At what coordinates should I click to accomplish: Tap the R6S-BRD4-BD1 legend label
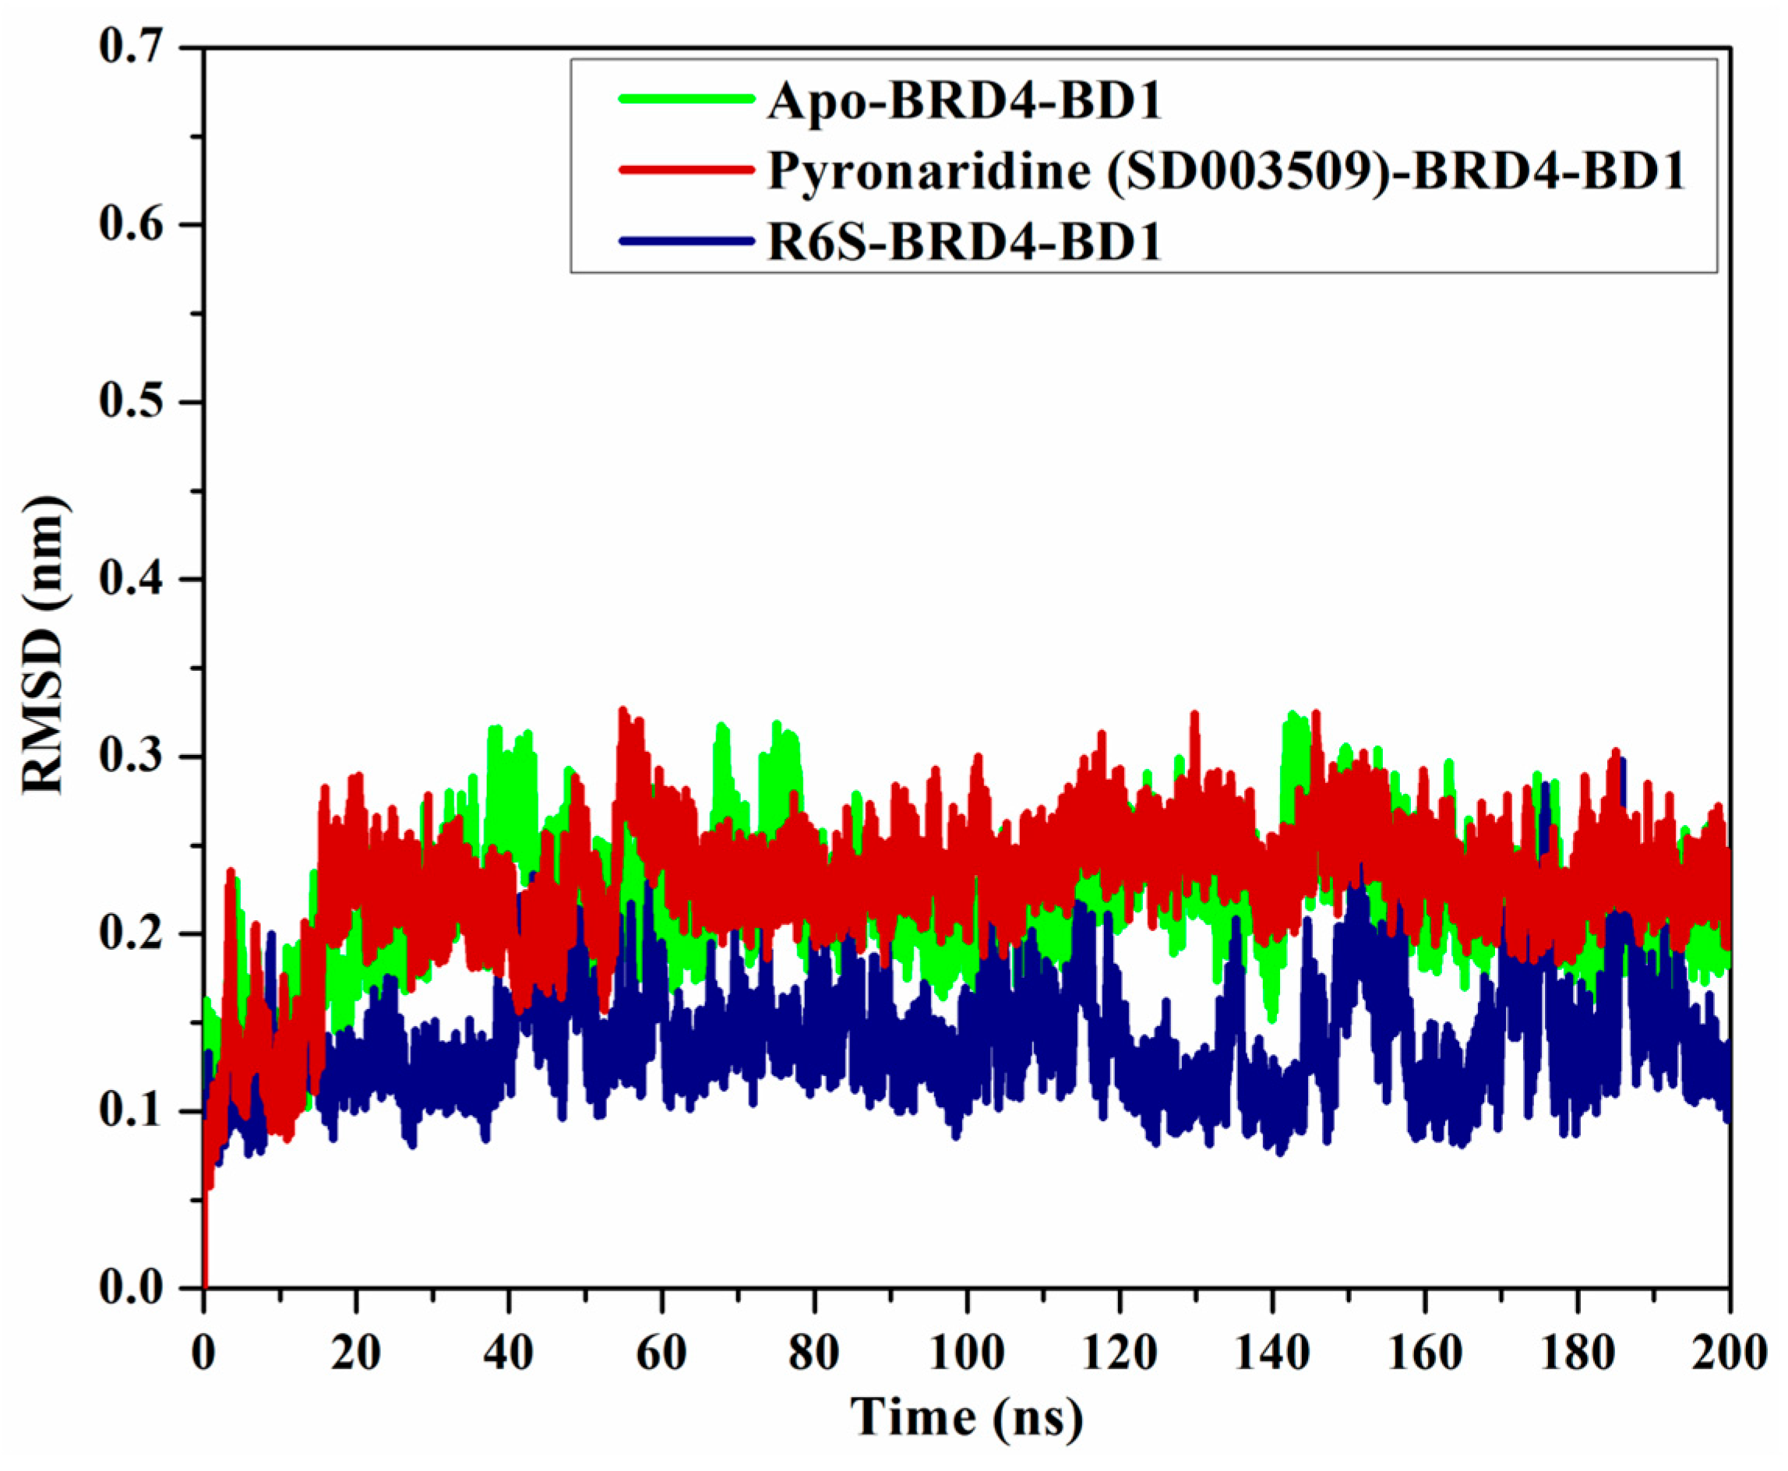964,242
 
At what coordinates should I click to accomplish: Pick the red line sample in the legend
686,170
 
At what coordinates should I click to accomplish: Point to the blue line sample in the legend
686,241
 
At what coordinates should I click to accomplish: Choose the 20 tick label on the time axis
356,1353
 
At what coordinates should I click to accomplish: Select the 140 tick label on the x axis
1272,1353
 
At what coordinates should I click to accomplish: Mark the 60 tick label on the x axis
661,1353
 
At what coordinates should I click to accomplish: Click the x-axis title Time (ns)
966,1417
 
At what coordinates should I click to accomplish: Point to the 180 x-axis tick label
1577,1353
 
